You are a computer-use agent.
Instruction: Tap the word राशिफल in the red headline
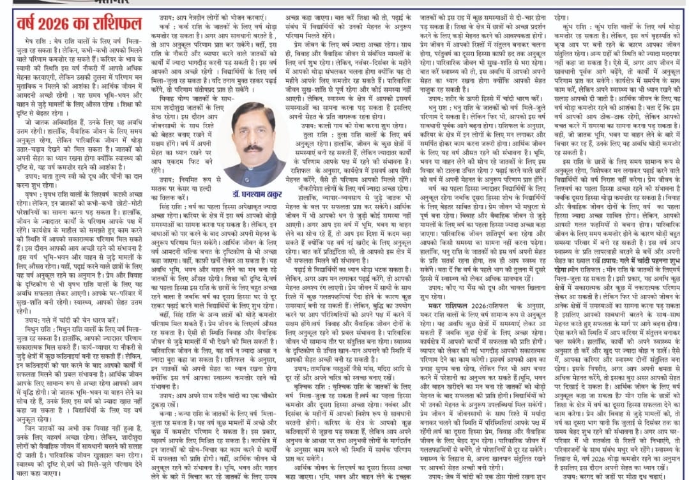click(112, 26)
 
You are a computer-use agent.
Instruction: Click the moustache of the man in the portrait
click(253, 148)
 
